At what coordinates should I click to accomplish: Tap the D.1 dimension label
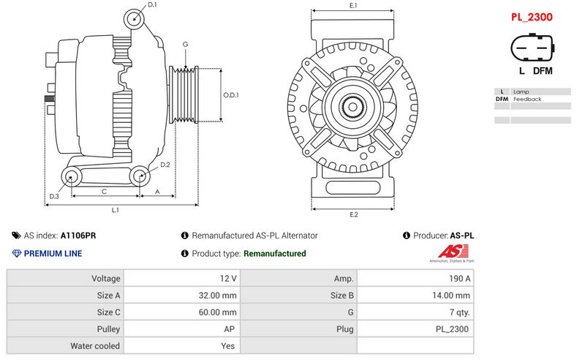coord(152,5)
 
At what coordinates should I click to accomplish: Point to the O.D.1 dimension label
coord(231,94)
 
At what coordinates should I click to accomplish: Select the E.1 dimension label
coord(353,6)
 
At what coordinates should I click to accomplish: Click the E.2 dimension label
coord(353,214)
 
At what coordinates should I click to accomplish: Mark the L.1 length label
coord(115,210)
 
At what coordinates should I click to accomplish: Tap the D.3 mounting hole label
coord(54,196)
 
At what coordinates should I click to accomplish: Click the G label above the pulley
coord(186,45)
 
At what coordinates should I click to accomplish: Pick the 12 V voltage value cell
coord(228,279)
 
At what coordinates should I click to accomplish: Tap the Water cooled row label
coord(95,346)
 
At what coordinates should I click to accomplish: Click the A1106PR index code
coord(78,236)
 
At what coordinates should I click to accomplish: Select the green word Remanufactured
coord(274,254)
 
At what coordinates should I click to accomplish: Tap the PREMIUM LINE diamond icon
coord(17,254)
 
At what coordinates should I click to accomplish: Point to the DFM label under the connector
coord(543,71)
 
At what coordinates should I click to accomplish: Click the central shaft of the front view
coord(352,108)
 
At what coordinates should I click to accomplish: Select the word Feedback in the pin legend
coord(527,99)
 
